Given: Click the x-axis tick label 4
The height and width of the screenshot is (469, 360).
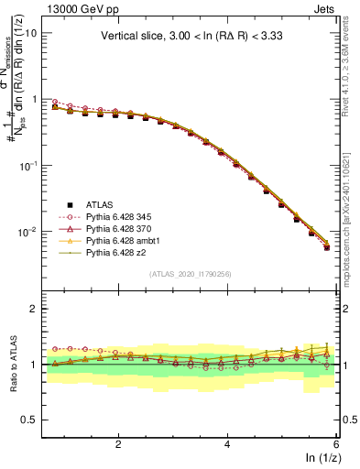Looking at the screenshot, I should (x=228, y=444).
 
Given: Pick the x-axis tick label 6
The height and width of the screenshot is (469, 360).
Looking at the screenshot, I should (x=337, y=444).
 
